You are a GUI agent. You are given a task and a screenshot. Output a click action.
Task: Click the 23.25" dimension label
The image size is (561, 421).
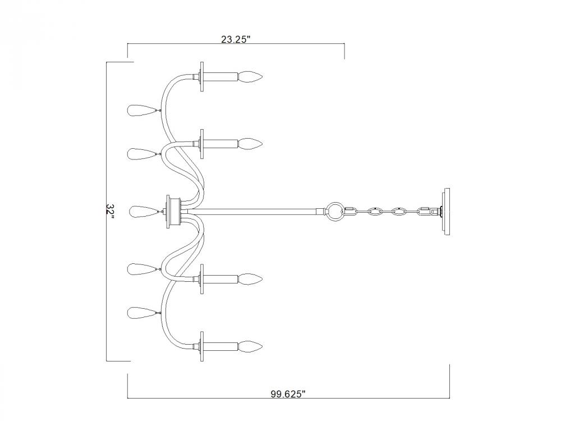point(234,39)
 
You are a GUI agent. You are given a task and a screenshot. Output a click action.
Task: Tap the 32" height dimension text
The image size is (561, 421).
point(110,212)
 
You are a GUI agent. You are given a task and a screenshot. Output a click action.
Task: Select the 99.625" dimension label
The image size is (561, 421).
point(288,394)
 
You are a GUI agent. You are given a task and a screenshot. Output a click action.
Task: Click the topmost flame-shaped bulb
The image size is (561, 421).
point(250,76)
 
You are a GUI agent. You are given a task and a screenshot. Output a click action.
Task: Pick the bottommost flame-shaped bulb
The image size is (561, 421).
point(250,346)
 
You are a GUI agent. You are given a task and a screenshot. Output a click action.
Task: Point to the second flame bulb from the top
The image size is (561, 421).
point(250,144)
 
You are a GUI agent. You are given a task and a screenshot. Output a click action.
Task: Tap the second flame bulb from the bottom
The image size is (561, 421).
point(250,279)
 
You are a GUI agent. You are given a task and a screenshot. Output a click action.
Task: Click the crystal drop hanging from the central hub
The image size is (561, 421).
point(142,212)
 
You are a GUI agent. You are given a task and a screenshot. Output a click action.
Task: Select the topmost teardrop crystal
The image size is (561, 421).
point(142,110)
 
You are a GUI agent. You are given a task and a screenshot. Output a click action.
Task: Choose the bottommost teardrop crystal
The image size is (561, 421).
point(142,313)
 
